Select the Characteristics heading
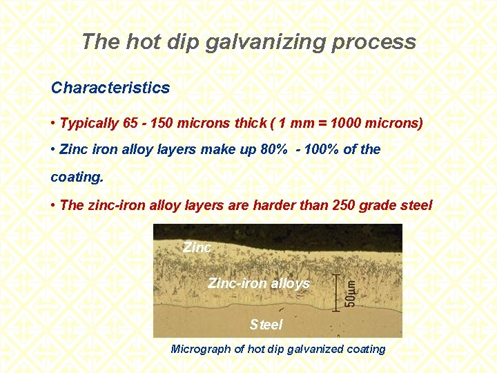click(110, 88)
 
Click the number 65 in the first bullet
click(130, 124)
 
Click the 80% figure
click(283, 149)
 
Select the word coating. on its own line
click(77, 176)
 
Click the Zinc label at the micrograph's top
click(197, 247)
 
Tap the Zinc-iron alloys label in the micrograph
click(259, 284)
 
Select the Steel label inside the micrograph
click(266, 325)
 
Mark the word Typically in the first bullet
click(90, 124)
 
